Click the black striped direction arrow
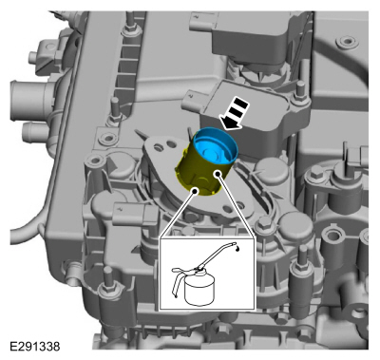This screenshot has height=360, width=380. (x=234, y=114)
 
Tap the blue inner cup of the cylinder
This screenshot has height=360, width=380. (x=216, y=146)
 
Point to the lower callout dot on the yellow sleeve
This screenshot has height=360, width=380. (x=196, y=191)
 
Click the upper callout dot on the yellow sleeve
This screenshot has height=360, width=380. (x=218, y=174)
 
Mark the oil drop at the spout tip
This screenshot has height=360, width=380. (x=237, y=249)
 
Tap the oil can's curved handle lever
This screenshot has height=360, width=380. (x=180, y=279)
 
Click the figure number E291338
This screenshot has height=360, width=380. (x=35, y=346)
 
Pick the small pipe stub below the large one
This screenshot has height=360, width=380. (x=34, y=131)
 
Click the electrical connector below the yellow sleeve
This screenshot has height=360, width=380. (x=134, y=214)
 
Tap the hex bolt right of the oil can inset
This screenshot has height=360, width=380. (x=262, y=224)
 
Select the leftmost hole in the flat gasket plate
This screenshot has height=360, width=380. (x=157, y=146)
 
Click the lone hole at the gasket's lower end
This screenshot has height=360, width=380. (x=227, y=209)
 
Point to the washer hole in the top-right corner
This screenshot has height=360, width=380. (x=348, y=41)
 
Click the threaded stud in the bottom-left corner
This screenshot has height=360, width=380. (x=107, y=282)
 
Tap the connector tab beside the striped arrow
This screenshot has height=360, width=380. (x=193, y=99)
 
